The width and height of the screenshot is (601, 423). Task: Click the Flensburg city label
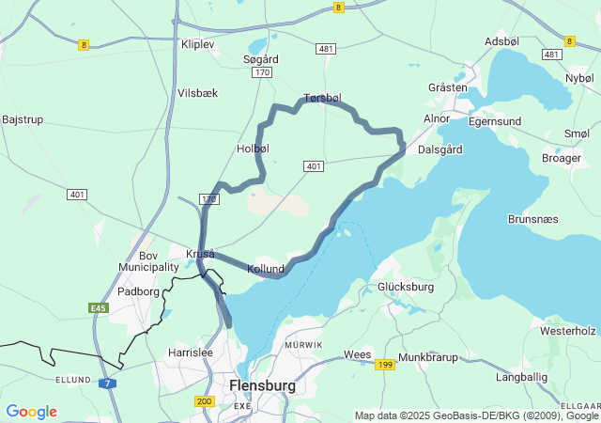click(262, 385)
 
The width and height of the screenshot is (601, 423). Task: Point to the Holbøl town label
click(254, 149)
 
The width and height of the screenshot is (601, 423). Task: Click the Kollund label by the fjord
click(265, 269)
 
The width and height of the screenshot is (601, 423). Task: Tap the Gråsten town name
click(447, 87)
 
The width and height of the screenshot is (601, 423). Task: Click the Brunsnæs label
click(532, 218)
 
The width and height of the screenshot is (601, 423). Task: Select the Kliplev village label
click(198, 44)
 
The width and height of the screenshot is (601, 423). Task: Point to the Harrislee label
click(191, 352)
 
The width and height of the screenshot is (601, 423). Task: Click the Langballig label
click(521, 376)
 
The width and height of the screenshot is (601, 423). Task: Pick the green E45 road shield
click(99, 307)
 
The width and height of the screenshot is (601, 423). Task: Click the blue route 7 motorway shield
click(109, 384)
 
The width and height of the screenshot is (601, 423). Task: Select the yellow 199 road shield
click(385, 365)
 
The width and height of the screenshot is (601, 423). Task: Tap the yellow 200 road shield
click(205, 401)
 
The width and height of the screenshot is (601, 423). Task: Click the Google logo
click(31, 412)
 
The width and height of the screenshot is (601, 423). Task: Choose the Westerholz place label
click(568, 331)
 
